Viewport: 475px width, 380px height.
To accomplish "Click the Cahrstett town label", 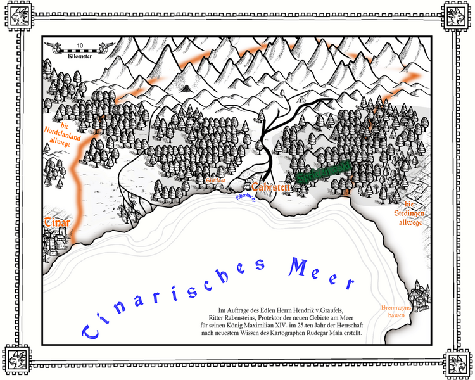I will coord(270,187).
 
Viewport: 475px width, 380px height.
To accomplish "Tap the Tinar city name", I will coord(56,223).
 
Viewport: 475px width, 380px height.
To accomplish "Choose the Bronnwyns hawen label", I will coord(396,311).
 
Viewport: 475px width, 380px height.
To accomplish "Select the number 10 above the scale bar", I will coord(80,46).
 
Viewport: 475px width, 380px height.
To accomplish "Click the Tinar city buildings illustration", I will coord(56,241).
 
